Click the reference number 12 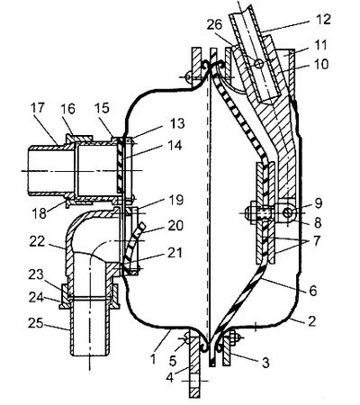coord(323,20)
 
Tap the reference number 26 coord(214,24)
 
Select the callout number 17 coord(37,108)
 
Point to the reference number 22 coord(37,242)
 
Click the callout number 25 coord(36,323)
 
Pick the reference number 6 coord(313,291)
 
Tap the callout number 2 coord(312,321)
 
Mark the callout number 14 coord(175,146)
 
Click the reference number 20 coord(175,225)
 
